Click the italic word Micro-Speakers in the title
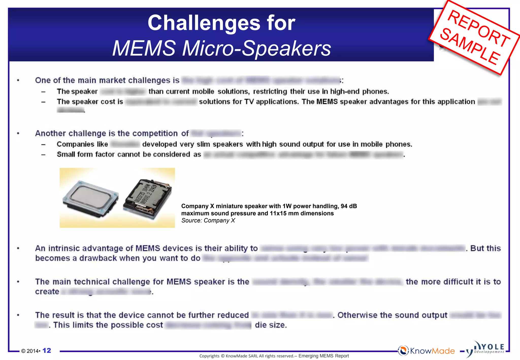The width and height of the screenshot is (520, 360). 257,48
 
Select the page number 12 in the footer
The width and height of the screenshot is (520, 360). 47,351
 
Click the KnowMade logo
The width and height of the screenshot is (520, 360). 426,351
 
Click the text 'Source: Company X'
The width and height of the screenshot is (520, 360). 208,220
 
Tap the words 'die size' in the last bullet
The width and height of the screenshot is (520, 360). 270,325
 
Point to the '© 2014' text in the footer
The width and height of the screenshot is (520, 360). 30,351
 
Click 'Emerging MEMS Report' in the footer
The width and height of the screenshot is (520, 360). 323,356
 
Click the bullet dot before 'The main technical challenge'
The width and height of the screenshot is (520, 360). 18,282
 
